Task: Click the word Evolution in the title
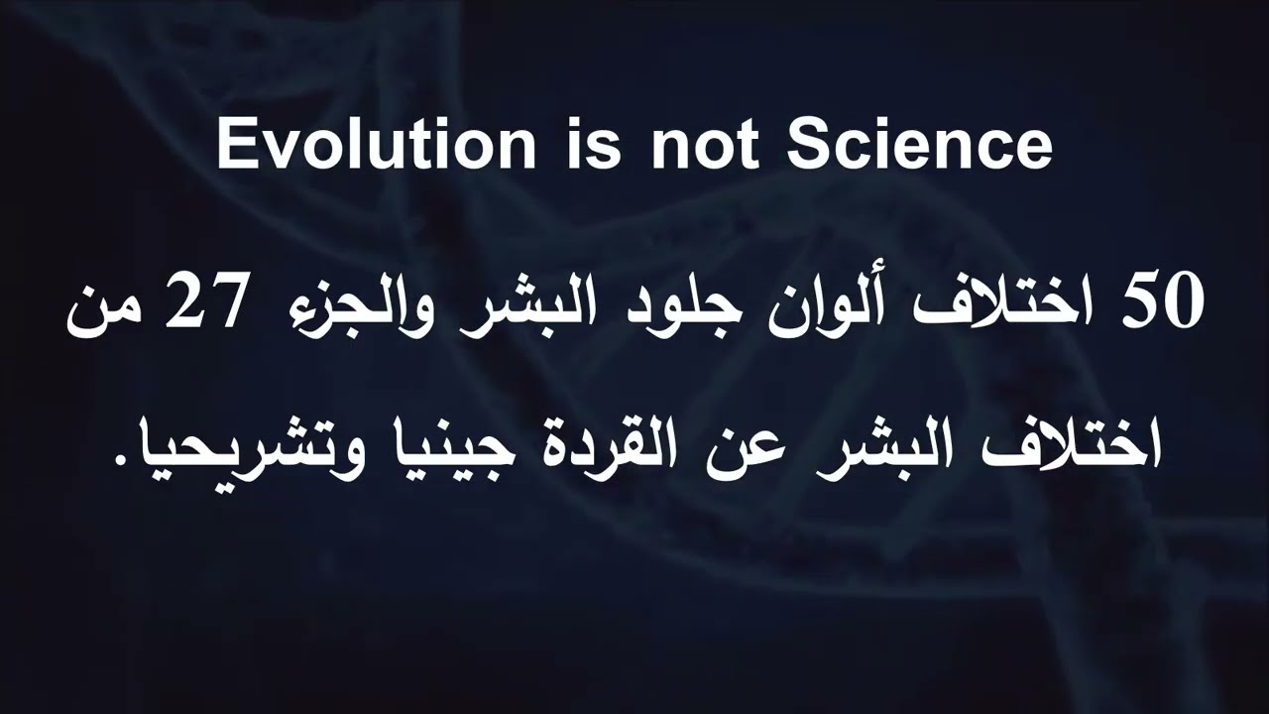pos(376,144)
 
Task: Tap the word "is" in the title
pos(594,144)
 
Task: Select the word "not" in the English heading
pos(705,146)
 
